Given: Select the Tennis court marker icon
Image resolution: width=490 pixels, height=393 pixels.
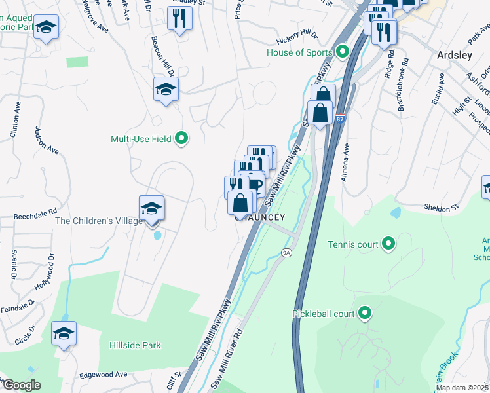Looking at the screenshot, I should coord(388,244).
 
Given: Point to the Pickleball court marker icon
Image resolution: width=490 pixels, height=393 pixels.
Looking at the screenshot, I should coord(365,314).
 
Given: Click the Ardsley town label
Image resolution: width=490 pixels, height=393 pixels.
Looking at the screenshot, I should coord(454,56).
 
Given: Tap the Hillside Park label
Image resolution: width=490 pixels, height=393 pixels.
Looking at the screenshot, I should coord(134,345).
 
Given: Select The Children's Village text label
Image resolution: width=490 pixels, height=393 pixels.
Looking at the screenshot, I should coord(99,221).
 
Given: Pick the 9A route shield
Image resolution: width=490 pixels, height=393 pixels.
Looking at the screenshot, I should coord(286,252).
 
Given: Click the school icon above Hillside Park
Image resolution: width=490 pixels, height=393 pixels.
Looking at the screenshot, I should coord(64,333).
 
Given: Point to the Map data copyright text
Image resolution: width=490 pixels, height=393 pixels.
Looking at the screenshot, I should coord(462,388).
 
